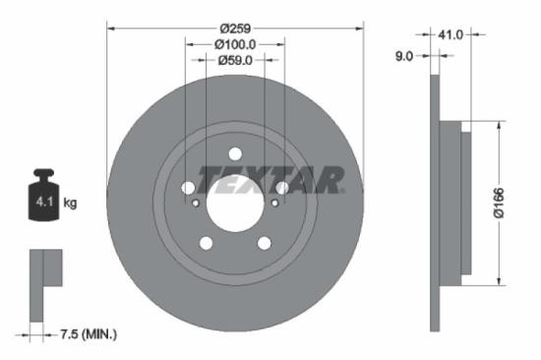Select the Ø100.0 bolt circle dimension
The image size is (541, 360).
tap(235, 43)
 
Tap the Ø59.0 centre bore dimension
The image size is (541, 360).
tap(235, 61)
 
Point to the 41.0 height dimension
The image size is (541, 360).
tap(451, 34)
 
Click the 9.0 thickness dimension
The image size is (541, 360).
tap(403, 56)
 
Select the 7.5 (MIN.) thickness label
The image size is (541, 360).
tap(85, 334)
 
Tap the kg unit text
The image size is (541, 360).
tap(70, 203)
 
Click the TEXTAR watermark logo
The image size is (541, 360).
tap(270, 180)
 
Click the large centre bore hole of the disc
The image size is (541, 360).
tap(235, 204)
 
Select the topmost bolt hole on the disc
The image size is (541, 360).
tap(235, 152)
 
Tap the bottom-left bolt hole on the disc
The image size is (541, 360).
tap(206, 243)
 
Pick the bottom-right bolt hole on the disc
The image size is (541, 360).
tap(265, 243)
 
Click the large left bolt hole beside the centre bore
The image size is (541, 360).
tap(188, 188)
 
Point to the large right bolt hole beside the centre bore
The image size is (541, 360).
tap(282, 188)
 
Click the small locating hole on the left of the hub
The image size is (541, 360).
tap(197, 204)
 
